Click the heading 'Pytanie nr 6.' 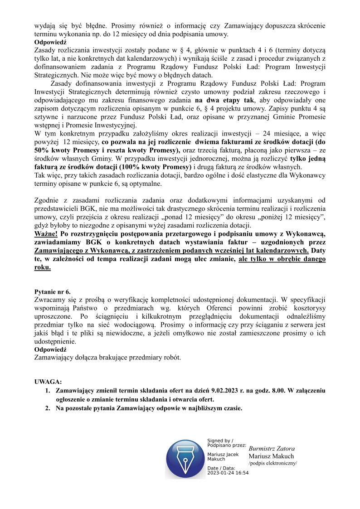click(x=53, y=292)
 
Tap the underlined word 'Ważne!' click(x=46, y=233)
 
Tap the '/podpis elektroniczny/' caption click(x=272, y=464)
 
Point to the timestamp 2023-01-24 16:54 click(x=228, y=472)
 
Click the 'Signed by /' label click(x=220, y=441)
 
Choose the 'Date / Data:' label click(x=221, y=467)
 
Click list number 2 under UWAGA click(x=47, y=408)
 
